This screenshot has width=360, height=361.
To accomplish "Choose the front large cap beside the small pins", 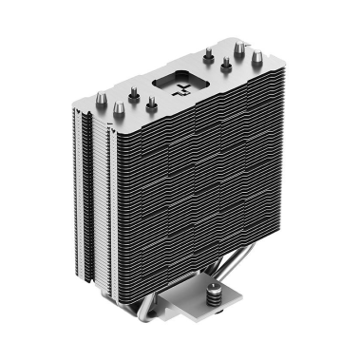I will pos(134,91).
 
